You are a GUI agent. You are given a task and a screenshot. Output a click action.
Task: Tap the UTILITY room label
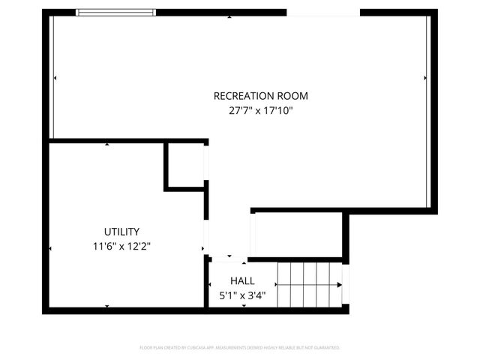pos(121,232)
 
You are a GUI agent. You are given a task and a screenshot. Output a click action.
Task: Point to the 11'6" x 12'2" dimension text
pos(121,246)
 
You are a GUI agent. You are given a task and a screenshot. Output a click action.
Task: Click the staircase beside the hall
pos(308,285)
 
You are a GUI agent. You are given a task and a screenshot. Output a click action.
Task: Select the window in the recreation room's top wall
pos(117,13)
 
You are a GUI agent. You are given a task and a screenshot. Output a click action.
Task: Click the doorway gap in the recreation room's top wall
pos(322,13)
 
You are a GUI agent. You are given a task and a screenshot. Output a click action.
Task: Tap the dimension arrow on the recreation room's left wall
pos(55,77)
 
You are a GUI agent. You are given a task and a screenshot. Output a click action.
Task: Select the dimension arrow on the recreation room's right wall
pos(425,77)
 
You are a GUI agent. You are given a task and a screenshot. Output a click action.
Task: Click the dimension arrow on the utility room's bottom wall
pos(107,306)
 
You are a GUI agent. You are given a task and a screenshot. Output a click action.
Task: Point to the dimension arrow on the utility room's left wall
pos(50,248)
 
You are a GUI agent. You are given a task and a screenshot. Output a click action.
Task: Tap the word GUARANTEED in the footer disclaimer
pos(324,348)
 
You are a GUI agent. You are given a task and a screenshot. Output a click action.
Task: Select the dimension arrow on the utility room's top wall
pos(107,143)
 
